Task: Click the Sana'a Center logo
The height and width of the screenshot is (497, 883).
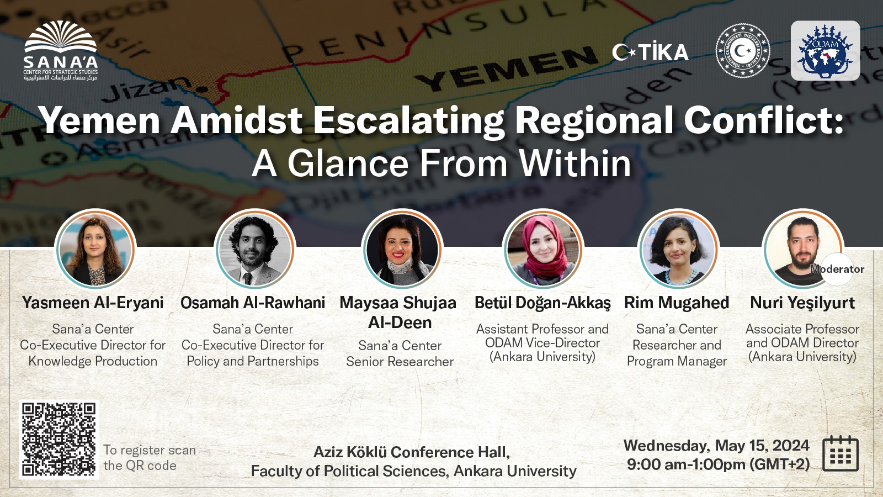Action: [x=61, y=51]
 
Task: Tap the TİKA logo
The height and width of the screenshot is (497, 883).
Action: [x=650, y=52]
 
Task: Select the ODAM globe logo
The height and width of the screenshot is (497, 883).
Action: [x=825, y=51]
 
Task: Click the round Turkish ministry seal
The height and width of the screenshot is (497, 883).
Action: [x=742, y=51]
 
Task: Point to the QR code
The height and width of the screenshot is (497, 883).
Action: [x=58, y=439]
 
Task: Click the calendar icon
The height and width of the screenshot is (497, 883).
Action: [x=840, y=453]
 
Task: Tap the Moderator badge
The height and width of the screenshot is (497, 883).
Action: [x=837, y=269]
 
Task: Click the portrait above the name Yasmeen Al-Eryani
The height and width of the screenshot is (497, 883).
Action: [x=95, y=250]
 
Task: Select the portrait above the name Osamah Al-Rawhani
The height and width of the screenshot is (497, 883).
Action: [x=254, y=250]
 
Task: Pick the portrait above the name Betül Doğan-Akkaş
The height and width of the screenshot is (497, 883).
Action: [x=543, y=250]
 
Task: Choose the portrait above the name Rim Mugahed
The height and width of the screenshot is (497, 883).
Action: [x=678, y=250]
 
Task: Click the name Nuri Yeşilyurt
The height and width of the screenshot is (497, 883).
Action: [x=802, y=303]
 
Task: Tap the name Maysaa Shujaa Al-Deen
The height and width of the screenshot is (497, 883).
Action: [x=398, y=313]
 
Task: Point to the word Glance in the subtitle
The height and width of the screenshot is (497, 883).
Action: [x=348, y=163]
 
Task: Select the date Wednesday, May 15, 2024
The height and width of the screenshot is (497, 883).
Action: [x=716, y=445]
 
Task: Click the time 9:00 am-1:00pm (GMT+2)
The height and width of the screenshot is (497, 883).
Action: [x=718, y=464]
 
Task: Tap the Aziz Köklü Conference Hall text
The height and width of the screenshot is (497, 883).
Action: [x=412, y=452]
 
